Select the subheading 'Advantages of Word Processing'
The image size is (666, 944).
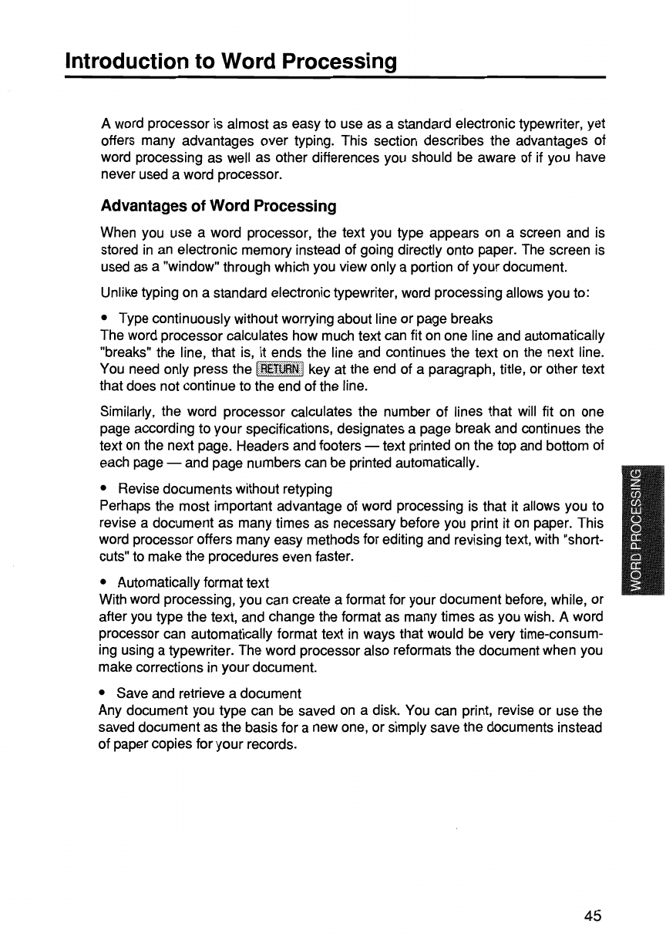point(219,207)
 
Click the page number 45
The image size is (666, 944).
point(592,915)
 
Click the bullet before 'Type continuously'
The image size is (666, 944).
point(105,319)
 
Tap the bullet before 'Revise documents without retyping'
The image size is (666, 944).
point(105,490)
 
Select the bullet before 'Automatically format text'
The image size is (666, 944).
point(105,560)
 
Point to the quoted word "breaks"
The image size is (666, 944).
point(124,352)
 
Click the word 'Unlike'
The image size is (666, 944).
point(118,294)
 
